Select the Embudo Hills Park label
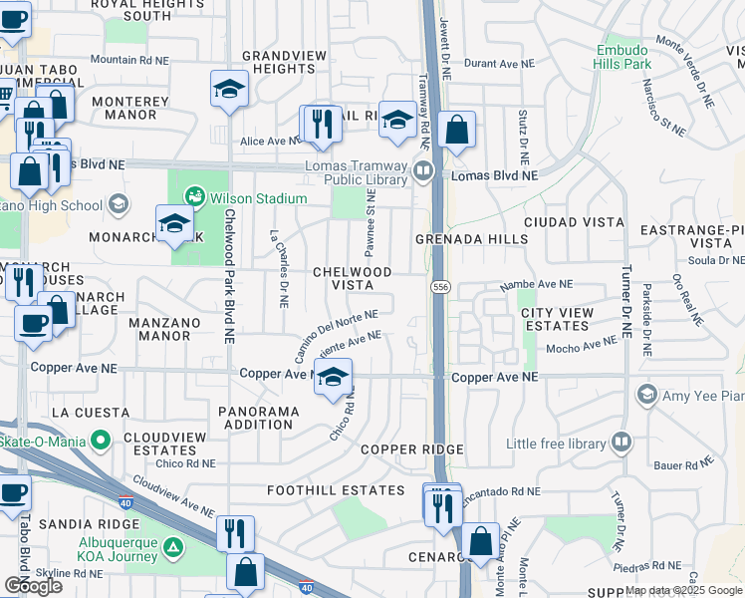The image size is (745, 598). (623, 57)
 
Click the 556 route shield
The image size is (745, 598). (439, 286)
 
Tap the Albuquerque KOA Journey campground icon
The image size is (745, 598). (173, 547)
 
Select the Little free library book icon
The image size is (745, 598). (621, 441)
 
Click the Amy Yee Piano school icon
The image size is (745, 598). (647, 396)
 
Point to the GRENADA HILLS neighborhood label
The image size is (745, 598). (472, 240)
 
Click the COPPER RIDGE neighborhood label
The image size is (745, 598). (411, 449)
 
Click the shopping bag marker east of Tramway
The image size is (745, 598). (456, 130)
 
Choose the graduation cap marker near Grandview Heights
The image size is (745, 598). (229, 90)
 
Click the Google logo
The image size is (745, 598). (32, 586)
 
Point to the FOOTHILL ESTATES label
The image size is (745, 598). (336, 490)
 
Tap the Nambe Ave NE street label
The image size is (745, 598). (540, 284)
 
